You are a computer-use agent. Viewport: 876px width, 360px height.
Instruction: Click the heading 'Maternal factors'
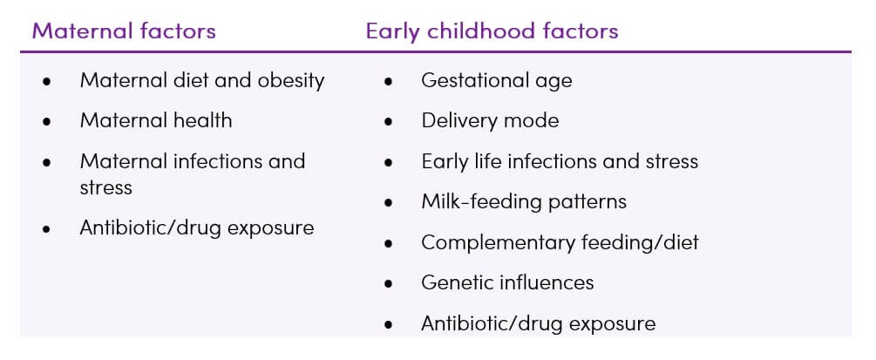point(124,31)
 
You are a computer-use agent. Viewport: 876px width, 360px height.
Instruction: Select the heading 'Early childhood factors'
point(492,31)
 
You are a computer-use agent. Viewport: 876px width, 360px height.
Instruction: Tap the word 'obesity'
point(290,81)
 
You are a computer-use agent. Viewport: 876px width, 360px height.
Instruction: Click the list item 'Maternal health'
point(156,120)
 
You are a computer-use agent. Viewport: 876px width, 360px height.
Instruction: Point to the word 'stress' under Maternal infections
point(105,187)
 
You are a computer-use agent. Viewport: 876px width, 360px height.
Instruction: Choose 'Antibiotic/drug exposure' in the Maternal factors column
point(197,228)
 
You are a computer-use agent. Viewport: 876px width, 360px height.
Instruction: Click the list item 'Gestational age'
point(497,81)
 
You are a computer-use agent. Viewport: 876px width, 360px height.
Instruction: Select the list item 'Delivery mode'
point(490,120)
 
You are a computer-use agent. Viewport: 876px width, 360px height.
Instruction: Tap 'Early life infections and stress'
point(560,161)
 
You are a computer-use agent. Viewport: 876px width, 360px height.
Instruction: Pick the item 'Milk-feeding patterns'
point(524,202)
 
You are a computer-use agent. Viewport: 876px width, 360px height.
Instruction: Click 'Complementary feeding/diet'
point(560,242)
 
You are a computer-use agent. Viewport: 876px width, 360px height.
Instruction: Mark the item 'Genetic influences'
point(507,282)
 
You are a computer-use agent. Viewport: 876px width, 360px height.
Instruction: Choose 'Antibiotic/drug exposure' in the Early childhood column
point(538,323)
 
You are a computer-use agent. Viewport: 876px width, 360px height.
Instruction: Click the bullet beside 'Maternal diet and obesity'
point(47,82)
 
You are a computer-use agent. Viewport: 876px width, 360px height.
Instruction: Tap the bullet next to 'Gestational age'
point(388,82)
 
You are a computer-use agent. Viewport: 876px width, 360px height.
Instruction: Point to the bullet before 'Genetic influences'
point(388,284)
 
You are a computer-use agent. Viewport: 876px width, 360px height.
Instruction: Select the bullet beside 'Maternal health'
point(47,122)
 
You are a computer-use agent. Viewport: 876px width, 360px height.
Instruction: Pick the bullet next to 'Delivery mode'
point(388,122)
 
